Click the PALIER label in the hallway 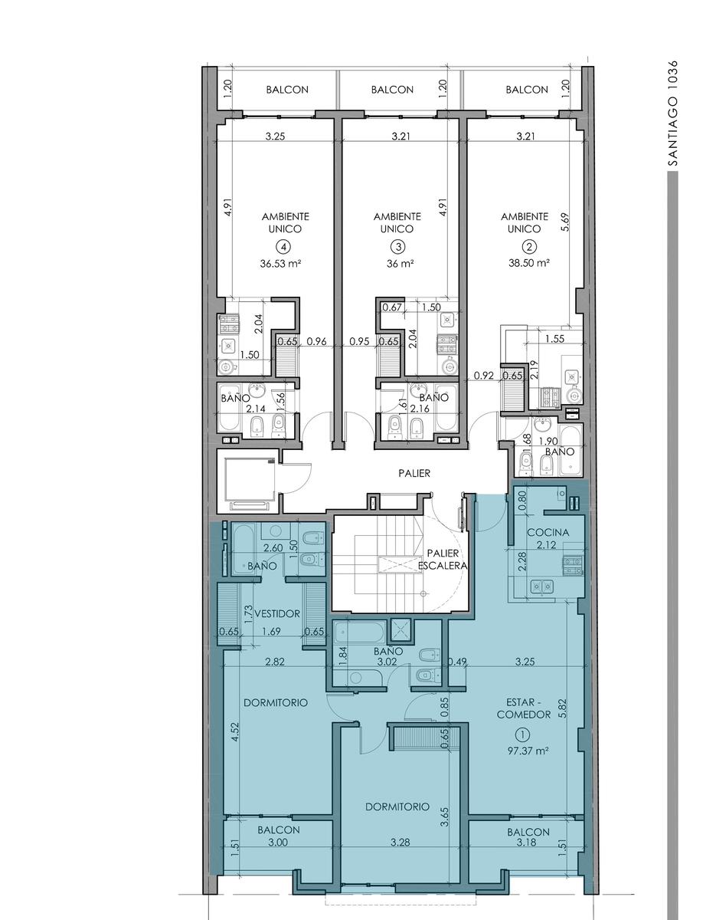(x=414, y=473)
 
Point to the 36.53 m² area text (x=280, y=264)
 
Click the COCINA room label (x=548, y=532)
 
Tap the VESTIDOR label (x=277, y=613)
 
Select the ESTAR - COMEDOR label (x=524, y=708)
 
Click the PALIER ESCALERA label (x=443, y=559)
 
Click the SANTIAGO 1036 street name (x=674, y=113)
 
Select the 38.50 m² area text (x=528, y=262)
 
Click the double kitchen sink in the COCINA (x=541, y=586)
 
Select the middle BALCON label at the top (x=392, y=90)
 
